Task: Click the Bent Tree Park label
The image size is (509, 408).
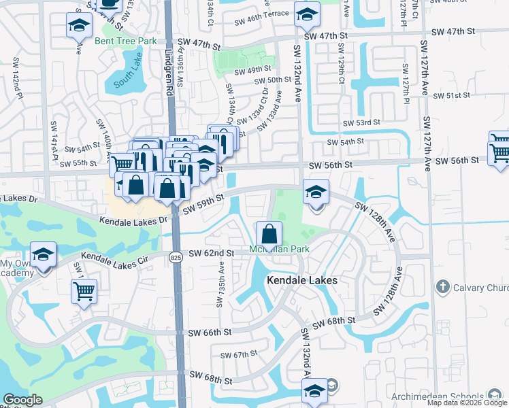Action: (126, 41)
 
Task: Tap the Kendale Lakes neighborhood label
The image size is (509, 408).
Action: (302, 280)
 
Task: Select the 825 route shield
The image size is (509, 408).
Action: (175, 256)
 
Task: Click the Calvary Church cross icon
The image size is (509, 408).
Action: (442, 286)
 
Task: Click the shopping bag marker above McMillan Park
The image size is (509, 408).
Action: (269, 233)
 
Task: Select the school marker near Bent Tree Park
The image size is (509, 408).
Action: (79, 27)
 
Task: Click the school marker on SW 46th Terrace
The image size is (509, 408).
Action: (307, 14)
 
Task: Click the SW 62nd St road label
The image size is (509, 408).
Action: (211, 253)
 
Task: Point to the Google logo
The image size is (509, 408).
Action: (23, 400)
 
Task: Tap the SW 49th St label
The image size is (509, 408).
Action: (252, 69)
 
